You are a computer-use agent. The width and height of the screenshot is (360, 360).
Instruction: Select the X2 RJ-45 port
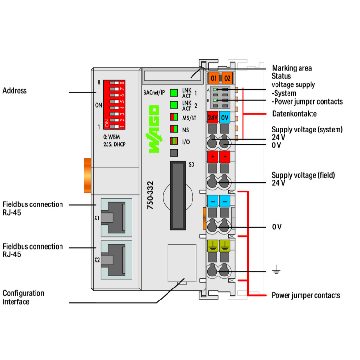(116, 260)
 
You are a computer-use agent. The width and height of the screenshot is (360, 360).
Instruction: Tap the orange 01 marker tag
(214, 78)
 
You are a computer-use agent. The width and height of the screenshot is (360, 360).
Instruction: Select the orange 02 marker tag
(227, 78)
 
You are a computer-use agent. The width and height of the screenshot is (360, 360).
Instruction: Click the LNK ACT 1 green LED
(174, 93)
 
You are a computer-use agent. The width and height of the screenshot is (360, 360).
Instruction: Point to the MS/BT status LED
(174, 117)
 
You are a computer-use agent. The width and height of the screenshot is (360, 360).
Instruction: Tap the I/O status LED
(174, 141)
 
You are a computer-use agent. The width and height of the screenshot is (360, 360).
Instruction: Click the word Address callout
(15, 91)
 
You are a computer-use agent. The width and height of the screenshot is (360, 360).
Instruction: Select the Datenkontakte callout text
(294, 114)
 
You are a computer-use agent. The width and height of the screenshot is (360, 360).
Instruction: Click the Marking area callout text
(292, 68)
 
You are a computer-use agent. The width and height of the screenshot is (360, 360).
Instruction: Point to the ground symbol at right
(276, 272)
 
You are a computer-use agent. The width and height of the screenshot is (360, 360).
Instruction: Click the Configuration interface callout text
(24, 297)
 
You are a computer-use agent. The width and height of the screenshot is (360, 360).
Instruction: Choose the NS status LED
(174, 129)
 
